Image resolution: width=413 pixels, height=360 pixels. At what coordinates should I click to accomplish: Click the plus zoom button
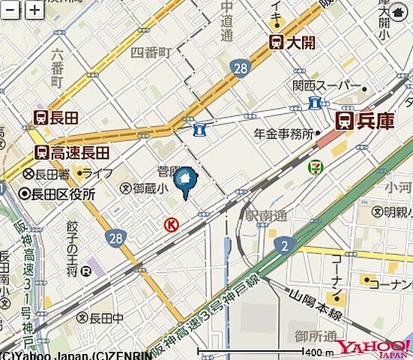[34, 10]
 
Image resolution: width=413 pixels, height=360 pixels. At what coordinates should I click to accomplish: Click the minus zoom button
[11, 10]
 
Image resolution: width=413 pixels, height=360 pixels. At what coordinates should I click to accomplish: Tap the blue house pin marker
[185, 181]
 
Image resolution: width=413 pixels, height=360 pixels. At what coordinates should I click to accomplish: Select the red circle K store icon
[171, 223]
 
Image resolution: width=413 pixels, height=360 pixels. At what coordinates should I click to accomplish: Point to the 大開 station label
[293, 43]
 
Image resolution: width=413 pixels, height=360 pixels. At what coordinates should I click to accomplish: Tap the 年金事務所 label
[283, 134]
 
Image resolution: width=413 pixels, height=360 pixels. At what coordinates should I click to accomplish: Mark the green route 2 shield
[283, 245]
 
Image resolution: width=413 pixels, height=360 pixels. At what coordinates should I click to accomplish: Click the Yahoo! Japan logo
[373, 347]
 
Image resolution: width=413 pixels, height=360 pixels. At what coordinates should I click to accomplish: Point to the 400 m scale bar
[255, 351]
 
